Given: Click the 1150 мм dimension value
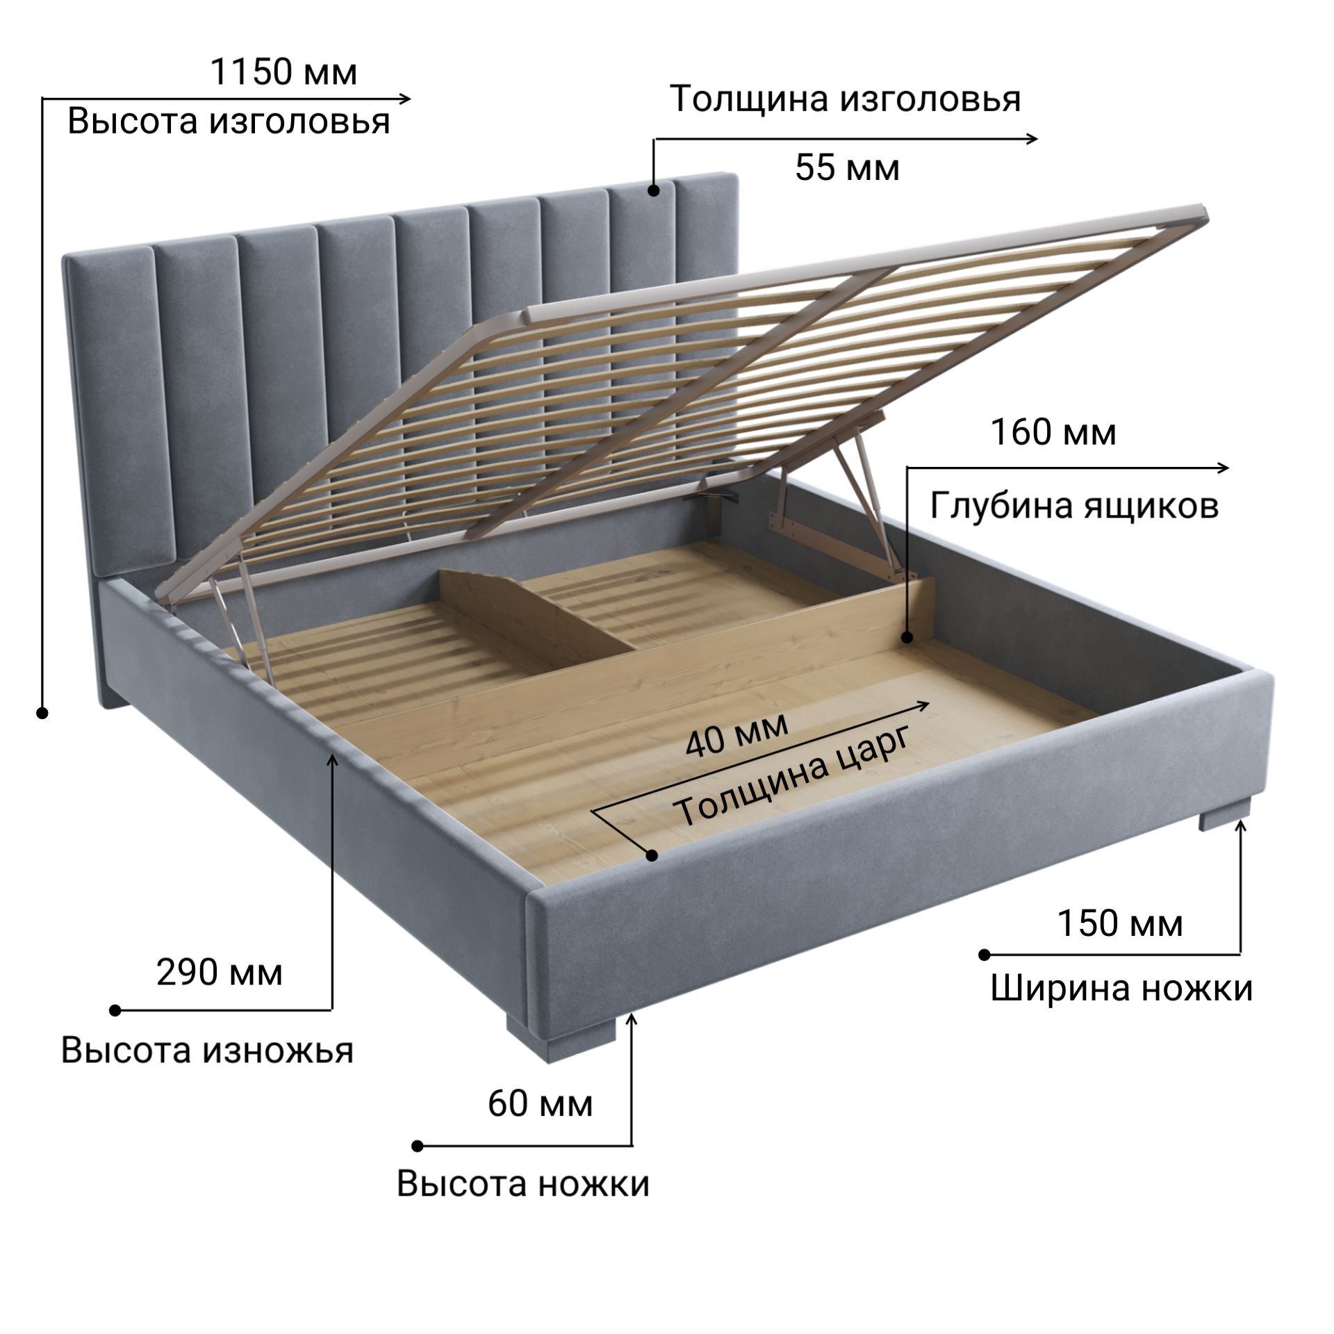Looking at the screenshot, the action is point(283,72).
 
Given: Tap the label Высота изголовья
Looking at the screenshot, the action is point(229,122).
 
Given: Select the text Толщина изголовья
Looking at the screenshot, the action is point(846,99).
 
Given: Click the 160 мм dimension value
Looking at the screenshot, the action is point(1053,432).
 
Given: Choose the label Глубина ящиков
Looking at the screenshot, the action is point(1074,506).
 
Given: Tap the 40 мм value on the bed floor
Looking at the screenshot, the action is point(737,734).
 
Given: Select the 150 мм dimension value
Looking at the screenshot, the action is point(1119,923).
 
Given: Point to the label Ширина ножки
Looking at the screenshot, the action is point(1121,987).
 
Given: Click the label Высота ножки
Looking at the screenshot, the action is point(523,1183).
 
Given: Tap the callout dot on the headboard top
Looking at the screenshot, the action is point(653,190).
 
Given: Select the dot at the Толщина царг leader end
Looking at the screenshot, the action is point(652,855).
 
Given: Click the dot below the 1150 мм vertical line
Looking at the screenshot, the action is point(42,713).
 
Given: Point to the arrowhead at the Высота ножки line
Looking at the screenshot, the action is point(632,1019).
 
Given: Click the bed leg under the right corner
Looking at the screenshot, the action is point(1224,814).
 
